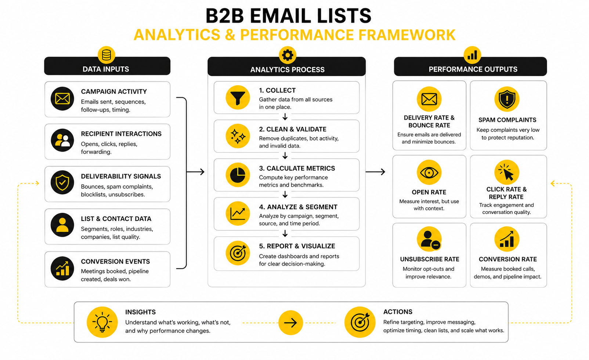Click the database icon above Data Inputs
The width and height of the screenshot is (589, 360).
106,55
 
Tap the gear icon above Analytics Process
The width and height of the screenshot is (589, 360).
288,55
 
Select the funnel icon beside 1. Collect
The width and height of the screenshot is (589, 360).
238,98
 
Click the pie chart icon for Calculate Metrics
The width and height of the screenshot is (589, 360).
238,175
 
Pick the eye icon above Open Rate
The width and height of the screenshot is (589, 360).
429,172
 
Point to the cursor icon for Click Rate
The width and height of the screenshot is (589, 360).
507,172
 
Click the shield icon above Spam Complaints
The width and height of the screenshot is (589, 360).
507,99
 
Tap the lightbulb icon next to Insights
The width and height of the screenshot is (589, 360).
102,322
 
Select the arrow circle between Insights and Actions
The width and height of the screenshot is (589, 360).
290,323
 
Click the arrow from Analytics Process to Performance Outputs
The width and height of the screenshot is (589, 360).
376,172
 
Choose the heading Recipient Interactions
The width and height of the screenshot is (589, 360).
121,134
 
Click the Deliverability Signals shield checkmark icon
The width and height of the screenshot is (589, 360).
62,182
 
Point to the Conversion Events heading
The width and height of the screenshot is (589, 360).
115,261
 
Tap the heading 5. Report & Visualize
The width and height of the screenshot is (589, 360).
297,246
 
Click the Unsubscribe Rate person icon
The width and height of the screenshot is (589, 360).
429,239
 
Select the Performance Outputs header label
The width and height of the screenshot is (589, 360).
473,69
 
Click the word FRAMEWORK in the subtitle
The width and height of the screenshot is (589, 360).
407,35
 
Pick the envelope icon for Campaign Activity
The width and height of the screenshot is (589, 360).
62,99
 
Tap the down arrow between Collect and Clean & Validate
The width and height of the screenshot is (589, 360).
285,117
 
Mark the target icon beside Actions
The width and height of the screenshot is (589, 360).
360,322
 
